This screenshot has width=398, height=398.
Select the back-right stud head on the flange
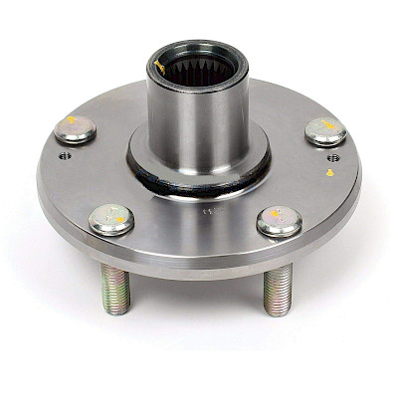coord(325,130)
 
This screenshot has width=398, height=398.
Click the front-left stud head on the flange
coord(111,219)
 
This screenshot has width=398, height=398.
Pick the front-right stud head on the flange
coord(280,221)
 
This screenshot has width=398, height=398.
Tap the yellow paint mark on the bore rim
coord(160,66)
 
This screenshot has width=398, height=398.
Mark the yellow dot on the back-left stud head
coord(71,120)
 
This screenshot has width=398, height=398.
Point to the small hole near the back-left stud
coord(65,155)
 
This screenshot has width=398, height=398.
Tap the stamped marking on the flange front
coord(207,213)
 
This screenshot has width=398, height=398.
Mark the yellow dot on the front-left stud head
coord(113,216)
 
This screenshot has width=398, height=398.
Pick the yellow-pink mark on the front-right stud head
coord(281,218)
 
